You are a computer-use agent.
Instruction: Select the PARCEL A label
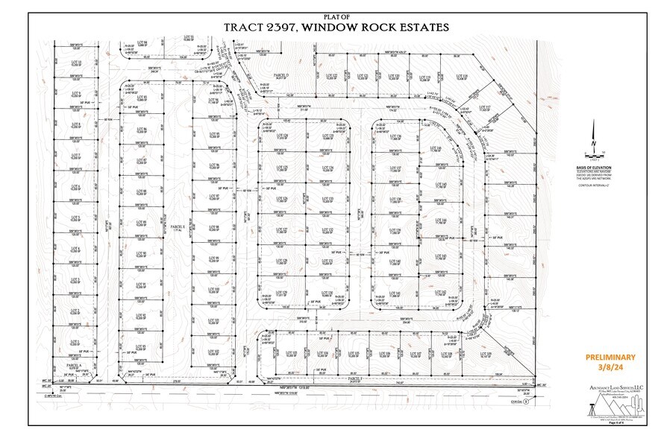tap(72, 366)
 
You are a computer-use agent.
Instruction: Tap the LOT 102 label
tap(213, 351)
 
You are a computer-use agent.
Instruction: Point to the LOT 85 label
tap(141, 98)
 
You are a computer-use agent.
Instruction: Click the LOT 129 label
tap(282, 293)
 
